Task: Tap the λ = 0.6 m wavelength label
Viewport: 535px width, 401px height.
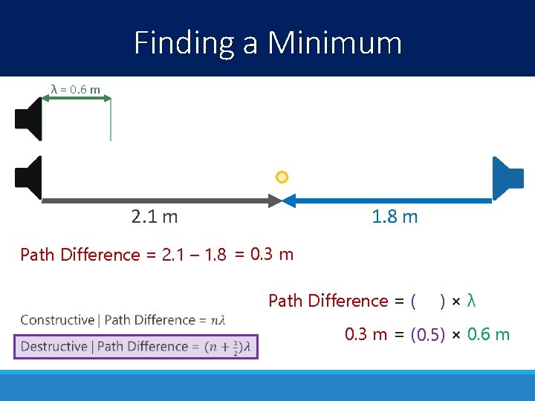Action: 75,90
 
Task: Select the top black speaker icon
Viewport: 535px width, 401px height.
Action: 28,119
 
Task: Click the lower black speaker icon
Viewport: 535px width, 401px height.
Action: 28,177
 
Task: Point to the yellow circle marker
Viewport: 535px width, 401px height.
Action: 282,177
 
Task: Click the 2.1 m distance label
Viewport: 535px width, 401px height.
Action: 154,217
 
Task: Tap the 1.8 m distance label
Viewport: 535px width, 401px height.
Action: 395,217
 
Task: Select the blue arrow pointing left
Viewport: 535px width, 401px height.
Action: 386,200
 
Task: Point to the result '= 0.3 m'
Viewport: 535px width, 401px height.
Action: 264,255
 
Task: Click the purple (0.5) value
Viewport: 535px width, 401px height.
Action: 427,335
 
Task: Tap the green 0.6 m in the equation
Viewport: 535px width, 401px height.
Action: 488,334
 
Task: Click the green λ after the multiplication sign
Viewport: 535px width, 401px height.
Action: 471,301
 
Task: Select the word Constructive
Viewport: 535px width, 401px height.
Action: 56,320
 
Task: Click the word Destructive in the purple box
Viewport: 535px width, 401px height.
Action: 56,346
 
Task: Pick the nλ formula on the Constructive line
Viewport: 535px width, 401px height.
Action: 218,321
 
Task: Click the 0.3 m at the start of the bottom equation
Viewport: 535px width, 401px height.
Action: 366,334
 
